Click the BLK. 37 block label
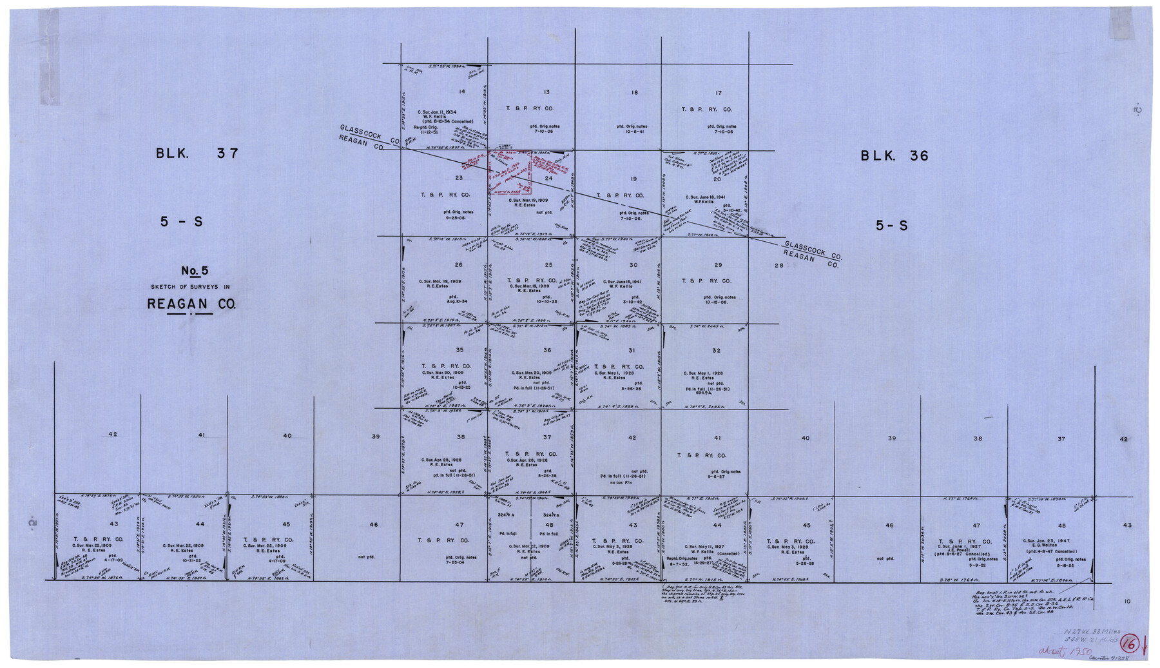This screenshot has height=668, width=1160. [x=197, y=154]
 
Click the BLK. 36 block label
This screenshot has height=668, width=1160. [x=894, y=156]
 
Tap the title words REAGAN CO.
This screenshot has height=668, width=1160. [x=191, y=304]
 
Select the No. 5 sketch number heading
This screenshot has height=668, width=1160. [x=194, y=271]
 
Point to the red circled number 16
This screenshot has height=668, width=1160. [x=1128, y=643]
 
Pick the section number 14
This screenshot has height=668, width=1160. [x=461, y=92]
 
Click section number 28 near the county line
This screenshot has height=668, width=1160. [x=778, y=266]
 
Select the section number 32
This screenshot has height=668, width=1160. [x=717, y=351]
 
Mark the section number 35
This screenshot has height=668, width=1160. [x=459, y=350]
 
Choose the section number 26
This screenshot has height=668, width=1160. [x=459, y=265]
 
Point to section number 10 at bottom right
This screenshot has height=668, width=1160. [x=1127, y=602]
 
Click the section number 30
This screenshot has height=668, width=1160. [x=633, y=265]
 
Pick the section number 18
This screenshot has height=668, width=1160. [x=634, y=93]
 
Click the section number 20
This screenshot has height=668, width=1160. [x=717, y=179]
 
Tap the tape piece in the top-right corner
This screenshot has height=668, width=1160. [x=1122, y=23]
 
